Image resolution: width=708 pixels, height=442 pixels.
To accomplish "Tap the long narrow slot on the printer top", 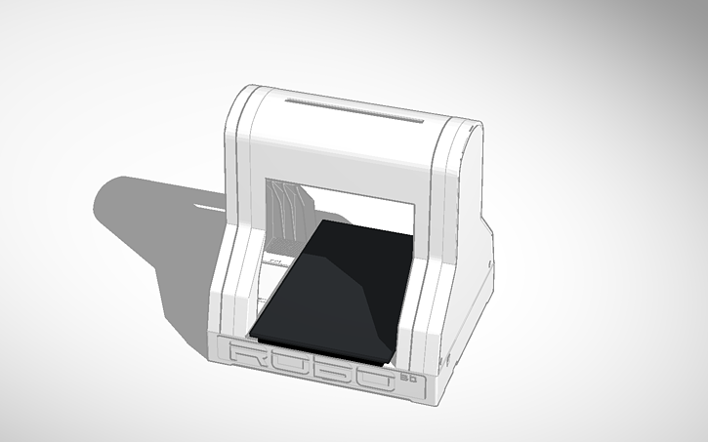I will [355, 108].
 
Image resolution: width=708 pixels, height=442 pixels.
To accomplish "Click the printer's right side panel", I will [473, 254].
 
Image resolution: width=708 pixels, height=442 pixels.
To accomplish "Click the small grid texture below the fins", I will [276, 261].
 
